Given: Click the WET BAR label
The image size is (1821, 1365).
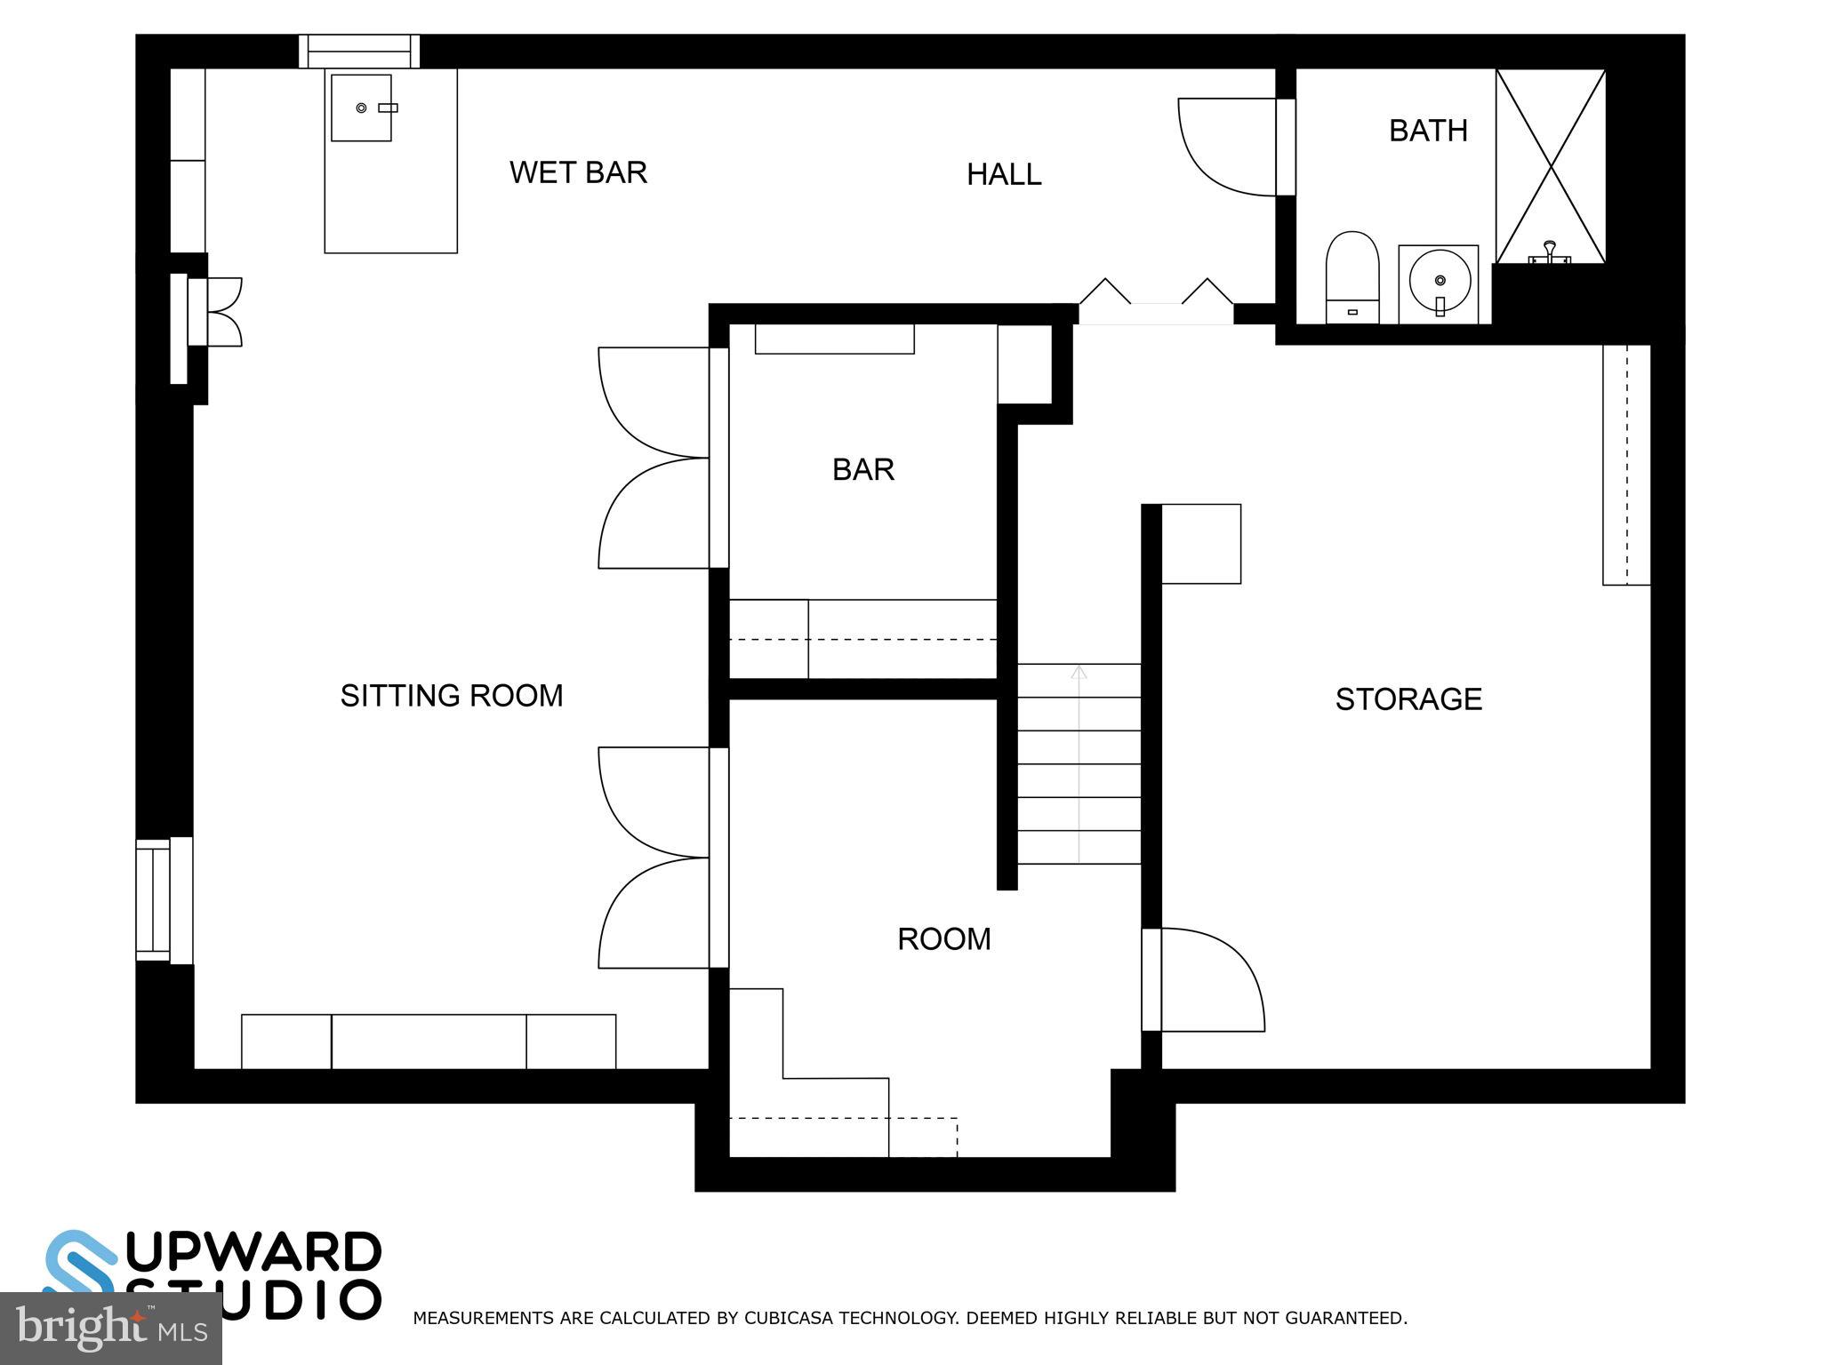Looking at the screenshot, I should click(578, 172).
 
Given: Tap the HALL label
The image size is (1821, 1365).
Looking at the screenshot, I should click(1004, 174).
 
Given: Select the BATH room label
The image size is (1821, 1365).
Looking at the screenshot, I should click(1428, 131).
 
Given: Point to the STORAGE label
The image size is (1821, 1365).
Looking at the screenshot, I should click(1408, 699).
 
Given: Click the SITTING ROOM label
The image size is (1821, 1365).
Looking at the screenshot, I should click(452, 696).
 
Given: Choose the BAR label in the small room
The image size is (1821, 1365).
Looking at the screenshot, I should click(862, 469).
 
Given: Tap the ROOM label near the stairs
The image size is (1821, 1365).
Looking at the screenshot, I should click(943, 939).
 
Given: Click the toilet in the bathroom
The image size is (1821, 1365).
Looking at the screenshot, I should click(1352, 275).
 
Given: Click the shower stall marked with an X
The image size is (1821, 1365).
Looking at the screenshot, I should click(1551, 165).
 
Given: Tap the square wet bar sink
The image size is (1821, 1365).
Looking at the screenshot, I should click(361, 108).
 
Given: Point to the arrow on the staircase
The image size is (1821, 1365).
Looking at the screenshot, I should click(1079, 673).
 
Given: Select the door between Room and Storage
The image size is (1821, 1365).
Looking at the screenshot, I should click(1209, 979).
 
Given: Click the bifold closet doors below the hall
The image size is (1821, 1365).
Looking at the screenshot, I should click(1156, 298).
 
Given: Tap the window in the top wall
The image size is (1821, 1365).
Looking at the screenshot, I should click(358, 51).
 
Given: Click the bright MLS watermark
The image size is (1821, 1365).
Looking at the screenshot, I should click(110, 1329).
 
